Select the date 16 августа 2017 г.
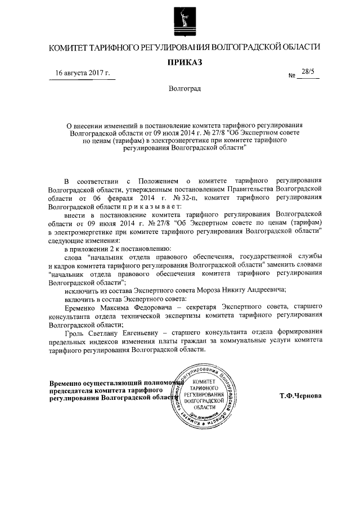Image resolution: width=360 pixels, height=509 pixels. coord(83,74)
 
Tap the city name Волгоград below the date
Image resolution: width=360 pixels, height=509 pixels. coord(184,89)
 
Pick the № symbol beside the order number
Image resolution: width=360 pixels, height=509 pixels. coord(292,75)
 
